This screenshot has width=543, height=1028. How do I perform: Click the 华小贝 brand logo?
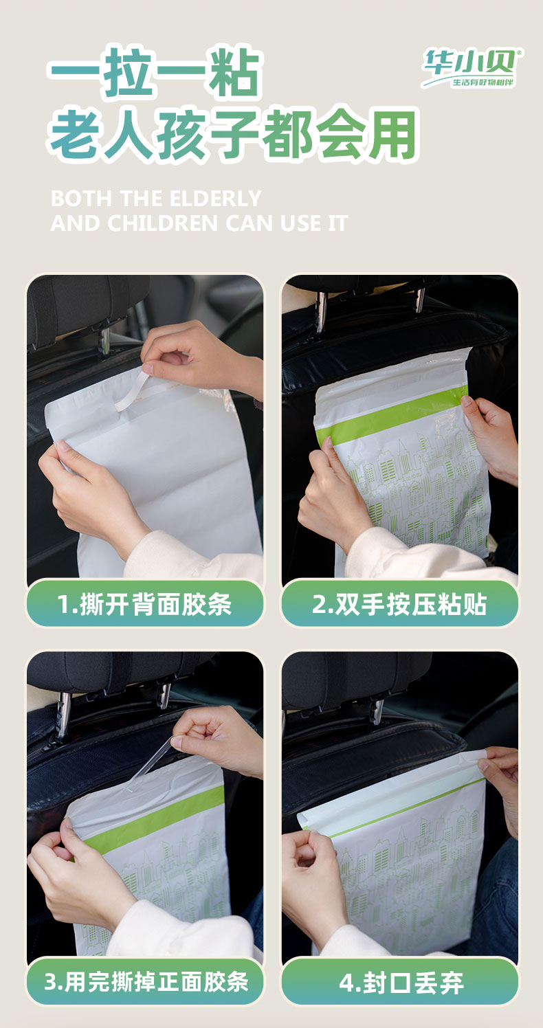coord(472,68)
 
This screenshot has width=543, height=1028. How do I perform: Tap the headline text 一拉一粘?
coord(155,73)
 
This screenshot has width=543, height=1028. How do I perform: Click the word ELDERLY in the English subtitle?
coord(215,199)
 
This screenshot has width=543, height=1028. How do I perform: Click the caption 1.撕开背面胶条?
coord(144,603)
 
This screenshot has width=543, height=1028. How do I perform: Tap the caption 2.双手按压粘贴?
coord(399,603)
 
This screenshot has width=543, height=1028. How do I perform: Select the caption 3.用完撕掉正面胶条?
coord(146,982)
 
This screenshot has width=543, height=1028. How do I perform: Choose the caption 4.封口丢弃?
coord(401,983)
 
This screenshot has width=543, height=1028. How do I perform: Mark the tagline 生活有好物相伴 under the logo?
coord(483,82)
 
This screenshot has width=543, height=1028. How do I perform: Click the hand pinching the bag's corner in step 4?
coord(499,785)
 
